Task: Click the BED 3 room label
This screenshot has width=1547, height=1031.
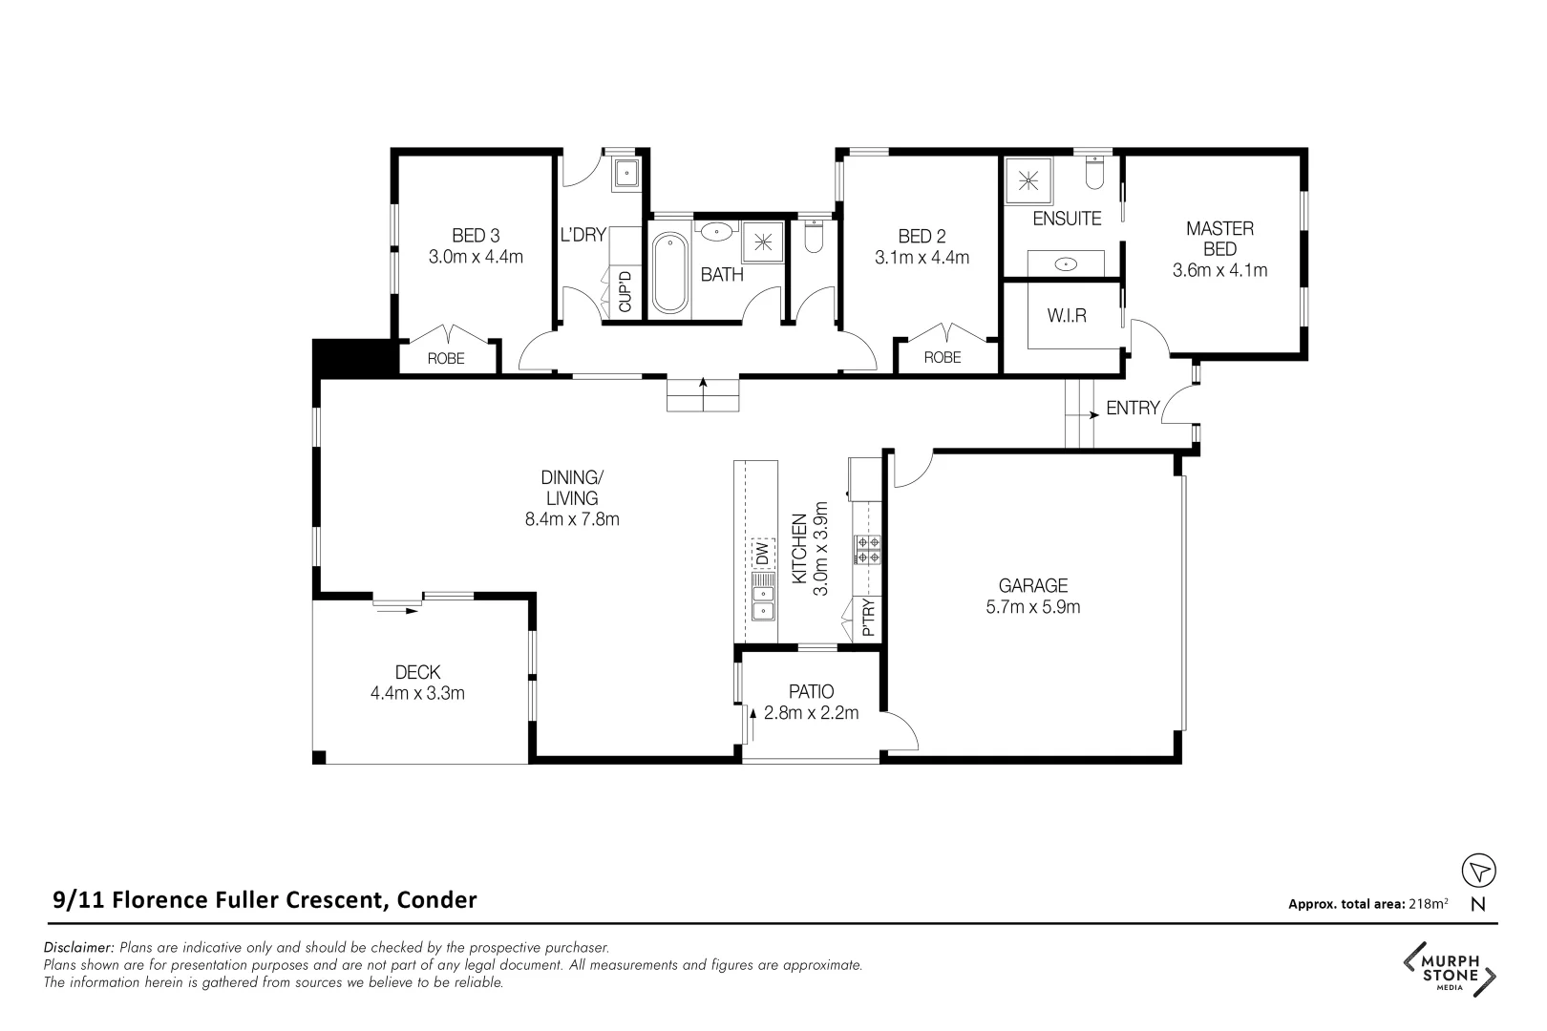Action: [x=476, y=236]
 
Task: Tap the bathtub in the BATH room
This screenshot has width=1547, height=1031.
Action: [x=668, y=274]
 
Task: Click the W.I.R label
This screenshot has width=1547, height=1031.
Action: [x=1067, y=315]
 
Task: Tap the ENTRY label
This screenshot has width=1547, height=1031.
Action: [x=1133, y=409]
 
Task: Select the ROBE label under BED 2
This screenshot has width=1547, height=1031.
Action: [x=943, y=358]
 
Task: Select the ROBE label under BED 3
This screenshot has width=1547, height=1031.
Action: [x=446, y=359]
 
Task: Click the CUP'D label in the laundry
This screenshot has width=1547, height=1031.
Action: [x=625, y=292]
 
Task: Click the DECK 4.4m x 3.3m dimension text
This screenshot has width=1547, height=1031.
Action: [x=417, y=694]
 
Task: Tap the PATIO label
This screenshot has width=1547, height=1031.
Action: [x=811, y=691]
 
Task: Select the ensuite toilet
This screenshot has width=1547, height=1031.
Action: [x=1094, y=173]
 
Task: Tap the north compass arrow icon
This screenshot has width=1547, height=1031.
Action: [x=1479, y=871]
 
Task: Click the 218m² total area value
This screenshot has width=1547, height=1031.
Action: [x=1429, y=904]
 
